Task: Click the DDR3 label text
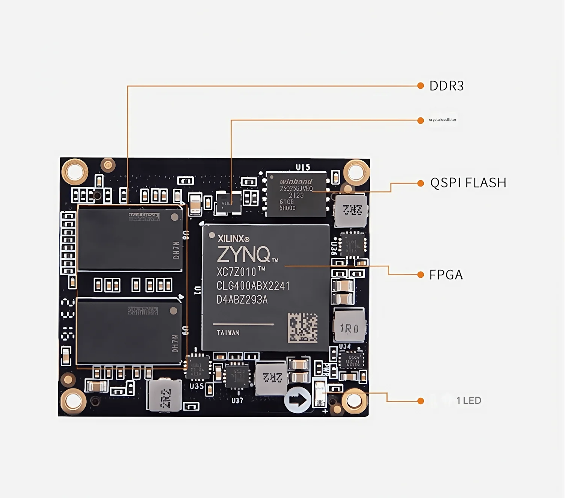(446, 86)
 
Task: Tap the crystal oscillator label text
(443, 120)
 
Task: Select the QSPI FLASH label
(468, 183)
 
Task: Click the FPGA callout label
(446, 275)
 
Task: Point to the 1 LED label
(468, 400)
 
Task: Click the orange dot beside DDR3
(421, 86)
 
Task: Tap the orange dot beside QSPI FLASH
(421, 183)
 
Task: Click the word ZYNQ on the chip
(243, 254)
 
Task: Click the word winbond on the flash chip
(296, 182)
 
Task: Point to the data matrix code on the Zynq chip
(302, 328)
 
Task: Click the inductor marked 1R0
(349, 328)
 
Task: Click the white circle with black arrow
(298, 399)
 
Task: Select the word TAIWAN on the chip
(228, 333)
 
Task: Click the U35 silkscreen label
(196, 386)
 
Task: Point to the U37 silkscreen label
(237, 400)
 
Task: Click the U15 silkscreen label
(303, 167)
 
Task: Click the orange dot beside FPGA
(421, 275)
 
